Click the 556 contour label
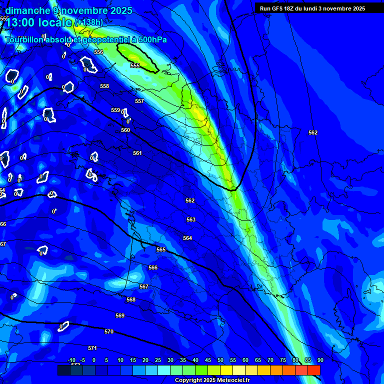(98, 52)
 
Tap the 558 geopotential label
(104, 86)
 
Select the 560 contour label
(125, 130)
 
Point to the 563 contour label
(191, 219)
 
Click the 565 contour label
(161, 249)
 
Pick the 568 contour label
(131, 299)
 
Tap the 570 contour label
(109, 331)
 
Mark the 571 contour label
(92, 348)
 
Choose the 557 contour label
(139, 101)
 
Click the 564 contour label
(187, 238)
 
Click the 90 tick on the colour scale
(320, 360)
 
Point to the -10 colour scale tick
(71, 360)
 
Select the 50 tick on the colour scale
(220, 360)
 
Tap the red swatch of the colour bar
(313, 370)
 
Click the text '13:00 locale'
(39, 22)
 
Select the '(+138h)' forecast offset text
(89, 22)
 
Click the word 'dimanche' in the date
(27, 10)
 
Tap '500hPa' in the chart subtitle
(148, 39)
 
